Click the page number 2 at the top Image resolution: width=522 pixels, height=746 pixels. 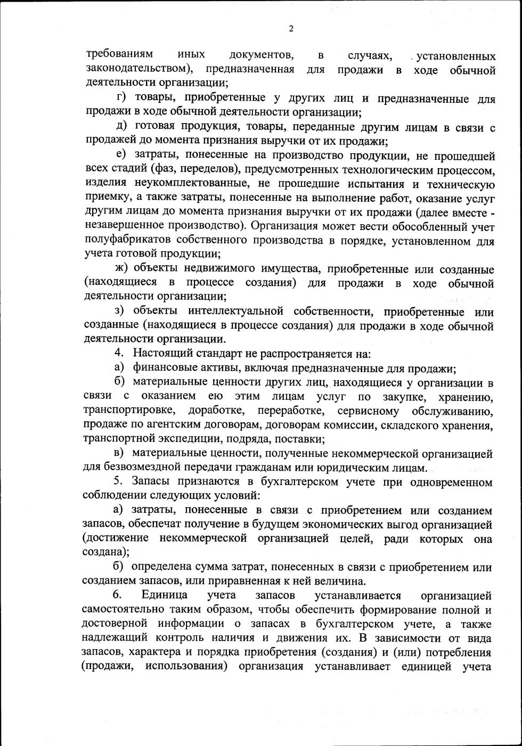(x=291, y=29)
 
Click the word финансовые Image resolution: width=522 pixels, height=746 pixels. (x=160, y=368)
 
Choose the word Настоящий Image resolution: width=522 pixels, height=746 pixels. (x=158, y=354)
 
